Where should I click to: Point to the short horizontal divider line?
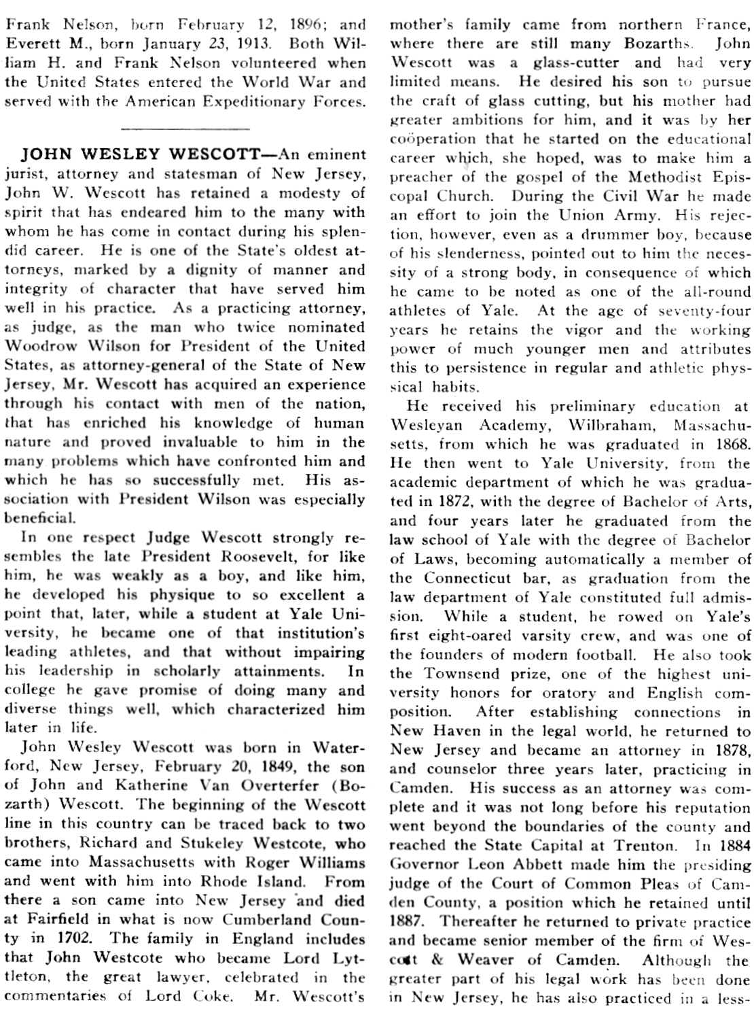pos(184,127)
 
